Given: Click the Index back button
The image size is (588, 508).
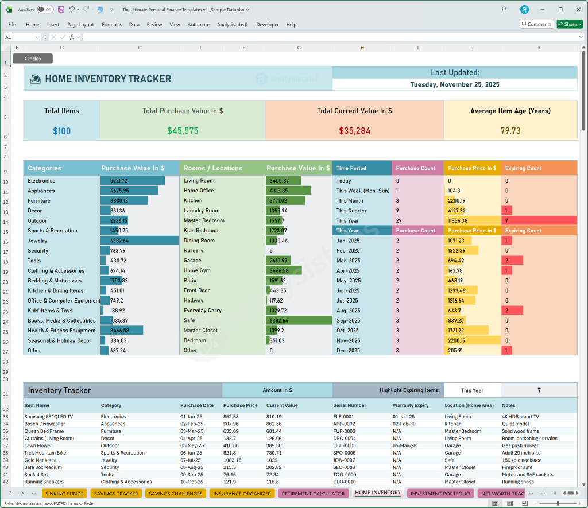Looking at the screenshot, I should tap(33, 59).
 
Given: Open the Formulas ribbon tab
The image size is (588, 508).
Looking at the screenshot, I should tap(111, 25).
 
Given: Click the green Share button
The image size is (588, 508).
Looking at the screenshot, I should tap(569, 24).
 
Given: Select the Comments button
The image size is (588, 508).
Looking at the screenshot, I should tap(536, 24).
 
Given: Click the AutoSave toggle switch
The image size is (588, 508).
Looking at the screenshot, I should tap(45, 10).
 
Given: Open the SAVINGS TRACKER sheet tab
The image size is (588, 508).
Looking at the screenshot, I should tap(116, 493).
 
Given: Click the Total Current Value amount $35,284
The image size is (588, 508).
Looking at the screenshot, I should tap(354, 131).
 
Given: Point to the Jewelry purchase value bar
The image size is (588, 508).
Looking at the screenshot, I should tap(140, 241).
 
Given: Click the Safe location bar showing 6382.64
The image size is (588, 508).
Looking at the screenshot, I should tap(299, 320).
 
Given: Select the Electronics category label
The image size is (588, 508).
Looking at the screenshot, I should tap(41, 181).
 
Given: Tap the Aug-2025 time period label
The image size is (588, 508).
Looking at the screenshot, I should tap(348, 311).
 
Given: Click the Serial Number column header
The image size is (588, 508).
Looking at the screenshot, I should tap(350, 405).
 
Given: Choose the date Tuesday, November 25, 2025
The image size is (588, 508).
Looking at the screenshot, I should tap(454, 84).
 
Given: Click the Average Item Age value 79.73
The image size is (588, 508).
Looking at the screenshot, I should tap(510, 131).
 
